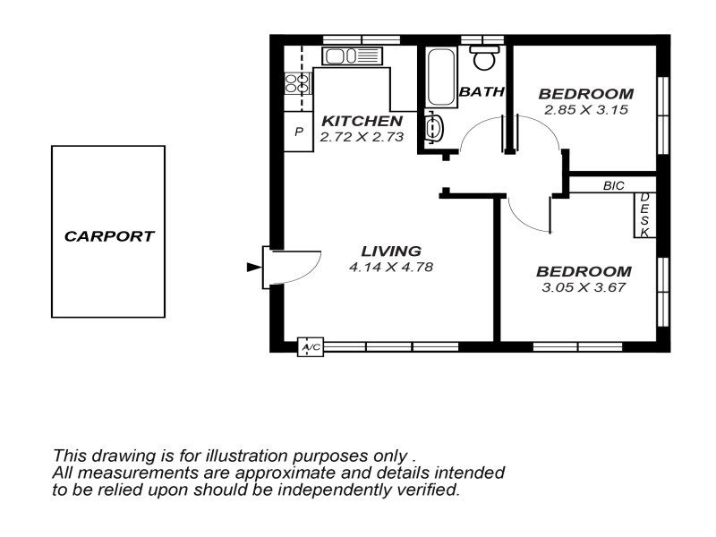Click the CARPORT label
(109, 236)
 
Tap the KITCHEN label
(362, 121)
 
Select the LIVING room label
(391, 251)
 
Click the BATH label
(482, 92)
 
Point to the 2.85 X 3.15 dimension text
(586, 109)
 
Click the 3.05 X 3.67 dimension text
(584, 287)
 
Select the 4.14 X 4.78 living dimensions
(391, 267)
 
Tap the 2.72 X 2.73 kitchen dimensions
(362, 137)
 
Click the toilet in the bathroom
(483, 57)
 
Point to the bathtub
(441, 77)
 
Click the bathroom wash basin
(434, 127)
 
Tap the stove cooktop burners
(297, 83)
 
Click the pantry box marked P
(299, 132)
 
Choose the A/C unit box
(311, 347)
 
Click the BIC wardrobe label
(613, 186)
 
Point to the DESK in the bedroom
(644, 215)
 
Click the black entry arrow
(254, 267)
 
